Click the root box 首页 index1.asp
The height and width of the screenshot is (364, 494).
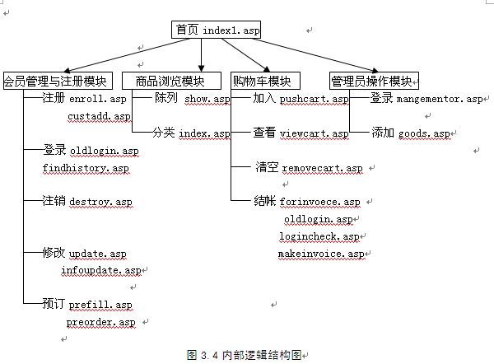[x=216, y=30]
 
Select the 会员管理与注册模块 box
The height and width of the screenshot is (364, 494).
[x=58, y=81]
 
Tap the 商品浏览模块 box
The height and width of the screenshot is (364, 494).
[x=171, y=81]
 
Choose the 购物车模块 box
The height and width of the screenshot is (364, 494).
[x=265, y=81]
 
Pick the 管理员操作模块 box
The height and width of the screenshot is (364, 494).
[x=374, y=81]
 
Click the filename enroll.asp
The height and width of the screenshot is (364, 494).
[x=98, y=99]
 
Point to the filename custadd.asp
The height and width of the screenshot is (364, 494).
[x=99, y=116]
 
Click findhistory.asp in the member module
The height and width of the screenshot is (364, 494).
[x=86, y=168]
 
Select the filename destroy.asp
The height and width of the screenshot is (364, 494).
[x=100, y=202]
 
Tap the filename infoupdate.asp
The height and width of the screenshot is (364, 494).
[x=100, y=270]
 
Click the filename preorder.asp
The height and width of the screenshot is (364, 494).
[x=100, y=322]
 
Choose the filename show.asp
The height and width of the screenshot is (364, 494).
[x=207, y=99]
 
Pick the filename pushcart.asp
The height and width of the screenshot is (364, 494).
[x=315, y=99]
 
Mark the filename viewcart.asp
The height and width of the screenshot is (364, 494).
[x=315, y=133]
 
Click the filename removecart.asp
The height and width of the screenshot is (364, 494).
[x=322, y=168]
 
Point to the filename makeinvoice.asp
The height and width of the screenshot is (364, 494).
[x=321, y=254]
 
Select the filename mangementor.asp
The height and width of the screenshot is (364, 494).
[x=440, y=99]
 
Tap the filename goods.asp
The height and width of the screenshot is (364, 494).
[x=424, y=133]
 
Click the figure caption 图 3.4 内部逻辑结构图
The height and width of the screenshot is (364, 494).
[x=245, y=355]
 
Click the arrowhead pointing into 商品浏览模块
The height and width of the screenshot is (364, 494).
[x=202, y=68]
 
